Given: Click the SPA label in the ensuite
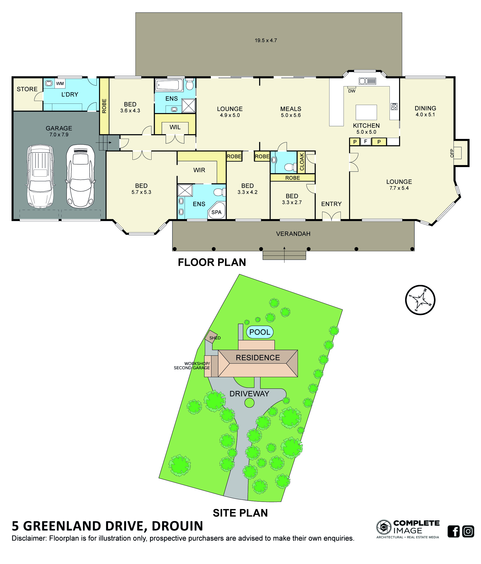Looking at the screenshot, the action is pos(216,212).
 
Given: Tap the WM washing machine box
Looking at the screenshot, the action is pos(60,84).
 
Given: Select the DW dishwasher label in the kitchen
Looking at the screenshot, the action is pos(352,91).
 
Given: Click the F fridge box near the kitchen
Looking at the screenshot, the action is pos(366,141).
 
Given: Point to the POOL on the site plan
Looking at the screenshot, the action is pos(260,332).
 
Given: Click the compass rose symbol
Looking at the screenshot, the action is pos(420,300).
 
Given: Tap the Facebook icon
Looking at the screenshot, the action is pos(454,531).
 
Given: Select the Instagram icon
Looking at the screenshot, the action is pos(468,531).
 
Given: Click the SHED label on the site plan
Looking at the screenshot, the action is pos(215,338).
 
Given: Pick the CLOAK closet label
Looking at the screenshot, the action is pos(302,162).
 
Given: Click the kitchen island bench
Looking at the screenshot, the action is pos(366,112).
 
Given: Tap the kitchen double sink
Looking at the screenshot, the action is pos(367,81).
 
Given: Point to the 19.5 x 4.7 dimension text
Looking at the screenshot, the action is pos(266,40).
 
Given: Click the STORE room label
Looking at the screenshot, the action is pos(27,89).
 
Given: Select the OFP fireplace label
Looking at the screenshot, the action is pos(452,153).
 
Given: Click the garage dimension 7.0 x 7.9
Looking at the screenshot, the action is pos(59,134).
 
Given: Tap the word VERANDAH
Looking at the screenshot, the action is pos(293,234).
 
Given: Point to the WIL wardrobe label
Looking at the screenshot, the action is pos(175,127).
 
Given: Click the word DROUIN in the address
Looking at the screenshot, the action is pos(177,526).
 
